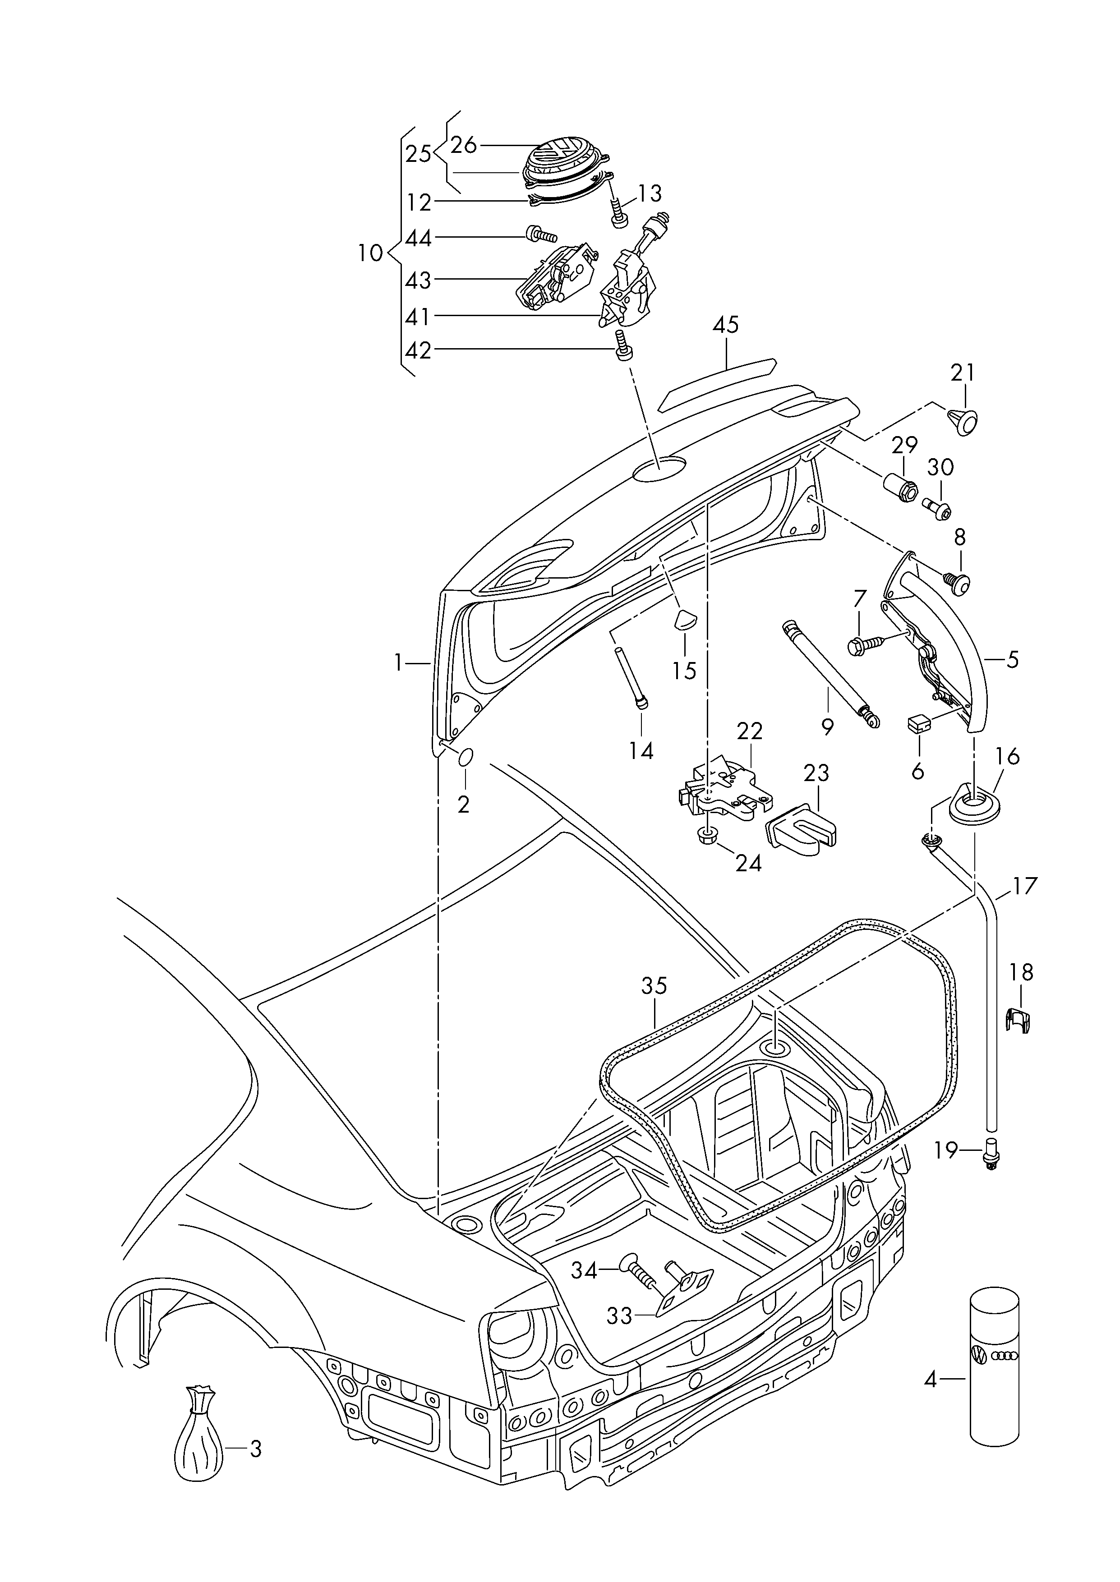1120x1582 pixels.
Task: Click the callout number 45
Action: [x=725, y=325]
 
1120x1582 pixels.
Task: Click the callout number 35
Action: [x=654, y=986]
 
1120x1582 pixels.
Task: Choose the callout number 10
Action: [x=370, y=254]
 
